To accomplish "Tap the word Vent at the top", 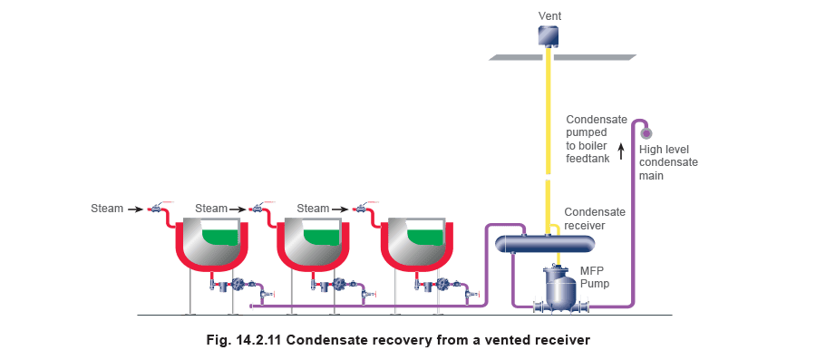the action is click(550, 16).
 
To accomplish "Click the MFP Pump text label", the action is click(595, 277).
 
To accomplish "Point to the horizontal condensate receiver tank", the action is click(544, 243).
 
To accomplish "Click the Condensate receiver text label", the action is click(595, 219).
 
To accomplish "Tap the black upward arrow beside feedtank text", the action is click(620, 152).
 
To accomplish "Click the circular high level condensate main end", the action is click(646, 133).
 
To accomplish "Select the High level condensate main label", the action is click(668, 162).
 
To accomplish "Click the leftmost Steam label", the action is click(107, 209).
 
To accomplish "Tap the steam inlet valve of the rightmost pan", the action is click(360, 208).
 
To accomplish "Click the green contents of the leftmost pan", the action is click(220, 238).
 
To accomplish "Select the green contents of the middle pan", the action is click(323, 238).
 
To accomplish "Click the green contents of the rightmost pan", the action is click(427, 238).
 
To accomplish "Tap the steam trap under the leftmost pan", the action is click(239, 284).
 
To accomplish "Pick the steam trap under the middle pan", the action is click(340, 284).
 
